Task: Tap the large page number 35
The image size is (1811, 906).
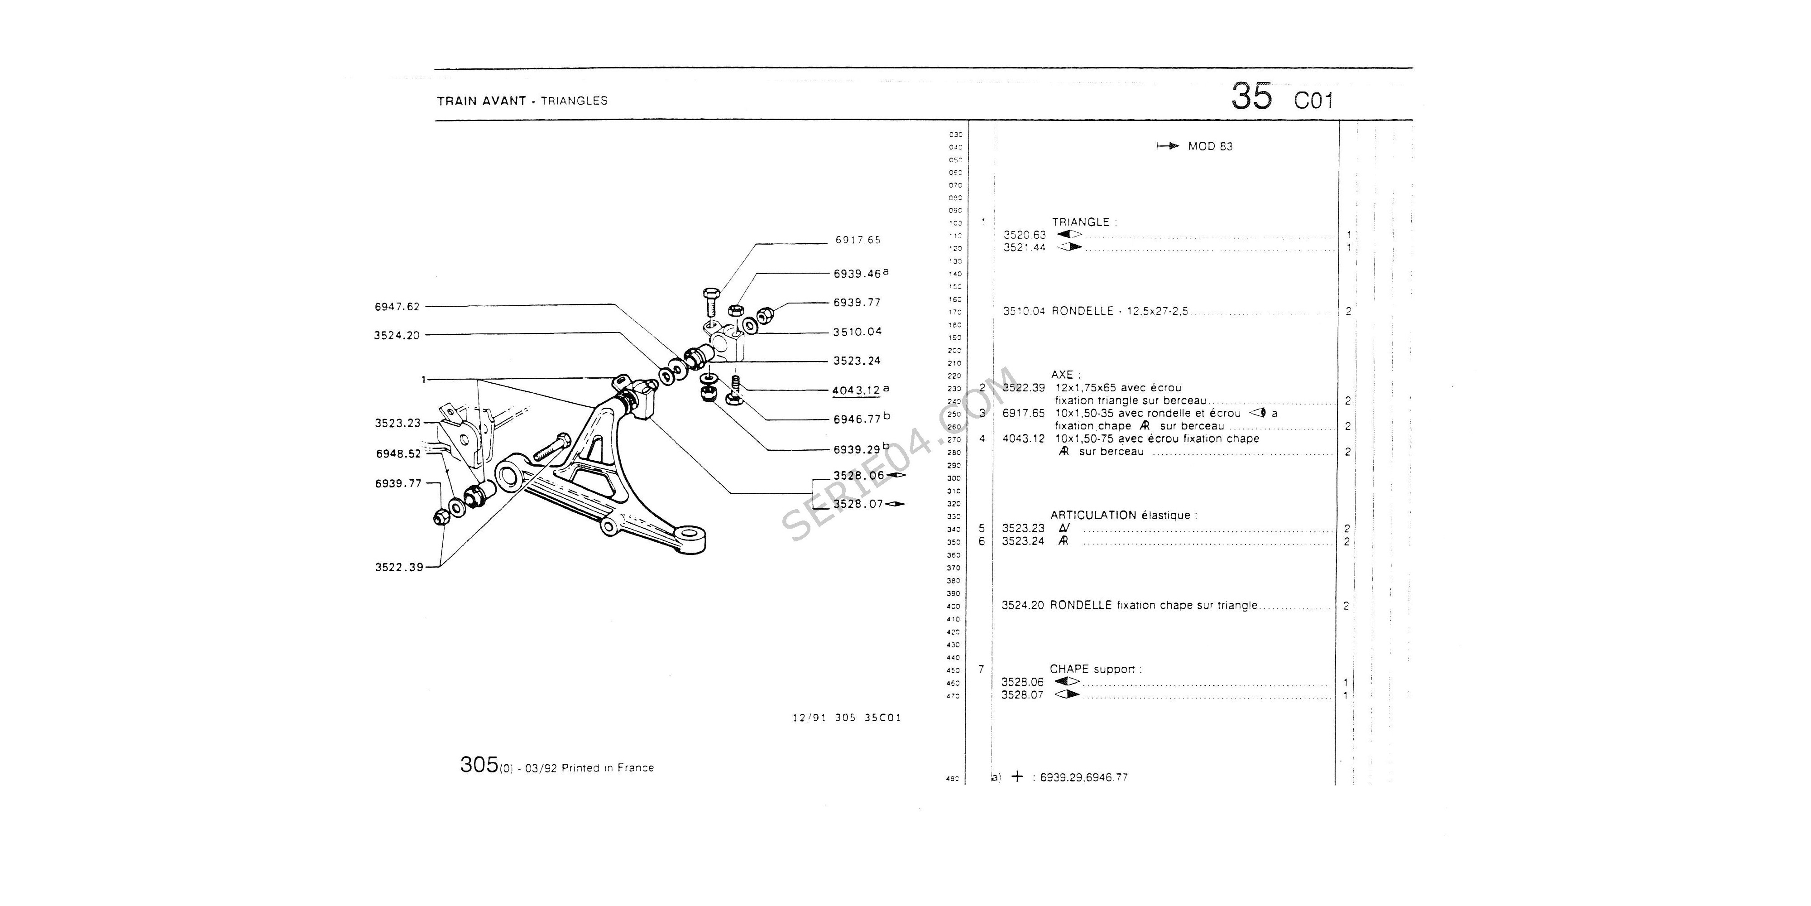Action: [1251, 96]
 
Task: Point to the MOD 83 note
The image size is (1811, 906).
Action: [1210, 146]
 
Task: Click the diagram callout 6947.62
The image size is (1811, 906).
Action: [397, 307]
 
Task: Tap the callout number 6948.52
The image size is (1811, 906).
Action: [398, 454]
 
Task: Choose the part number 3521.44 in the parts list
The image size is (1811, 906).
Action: [1024, 248]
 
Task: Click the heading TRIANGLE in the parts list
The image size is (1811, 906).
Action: [1081, 222]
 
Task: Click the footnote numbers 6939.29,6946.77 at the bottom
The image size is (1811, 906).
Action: [1083, 777]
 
